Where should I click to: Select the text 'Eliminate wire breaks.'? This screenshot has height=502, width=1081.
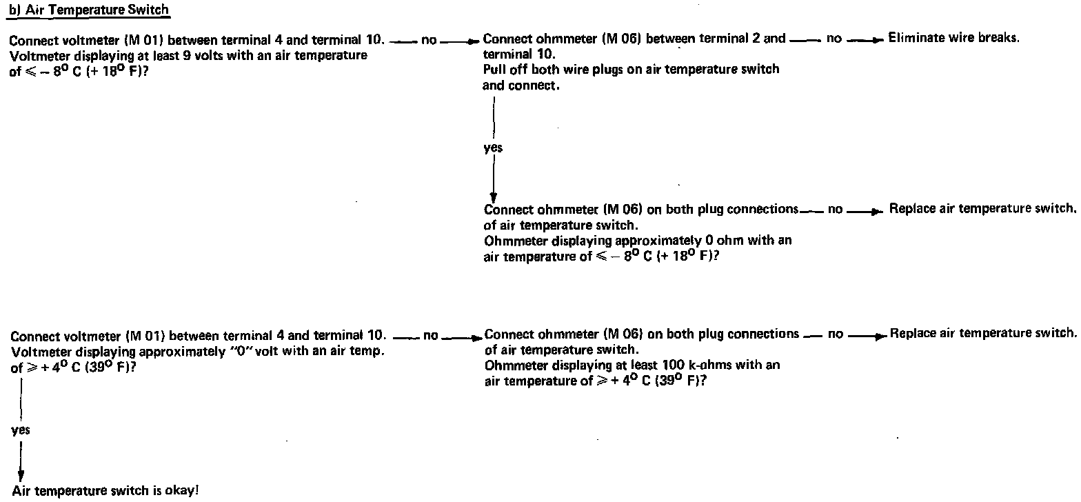(x=953, y=38)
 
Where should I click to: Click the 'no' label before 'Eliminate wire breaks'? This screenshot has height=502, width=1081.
(x=834, y=39)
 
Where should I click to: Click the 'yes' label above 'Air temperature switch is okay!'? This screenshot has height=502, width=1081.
(x=21, y=430)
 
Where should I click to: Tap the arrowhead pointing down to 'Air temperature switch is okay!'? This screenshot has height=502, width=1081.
(x=21, y=476)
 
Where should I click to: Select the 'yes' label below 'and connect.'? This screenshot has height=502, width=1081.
(x=493, y=148)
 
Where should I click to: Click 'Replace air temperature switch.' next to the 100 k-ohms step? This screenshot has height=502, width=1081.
(x=982, y=334)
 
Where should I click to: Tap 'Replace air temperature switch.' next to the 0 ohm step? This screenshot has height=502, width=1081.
(x=982, y=208)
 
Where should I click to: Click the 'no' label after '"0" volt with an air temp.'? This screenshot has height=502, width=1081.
(x=430, y=336)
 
